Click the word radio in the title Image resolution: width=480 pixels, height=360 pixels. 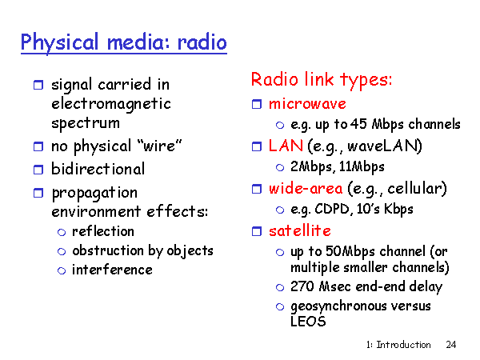point(202,42)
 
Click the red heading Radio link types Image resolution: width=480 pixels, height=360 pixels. point(322,80)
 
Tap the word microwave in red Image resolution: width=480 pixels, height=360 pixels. point(307,104)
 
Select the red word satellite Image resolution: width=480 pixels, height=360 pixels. point(300,230)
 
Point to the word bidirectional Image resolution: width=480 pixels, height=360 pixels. point(98,169)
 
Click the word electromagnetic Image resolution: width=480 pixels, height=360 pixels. point(111,104)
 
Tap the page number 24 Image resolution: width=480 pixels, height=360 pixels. point(451,345)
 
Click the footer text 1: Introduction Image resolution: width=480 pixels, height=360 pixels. point(398,345)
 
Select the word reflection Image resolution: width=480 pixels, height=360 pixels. point(103,231)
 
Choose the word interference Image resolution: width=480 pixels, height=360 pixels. point(112,270)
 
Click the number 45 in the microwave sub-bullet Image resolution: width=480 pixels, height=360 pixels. point(358,124)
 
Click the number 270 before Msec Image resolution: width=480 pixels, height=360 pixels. point(302,286)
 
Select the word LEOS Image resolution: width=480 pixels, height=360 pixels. point(308,322)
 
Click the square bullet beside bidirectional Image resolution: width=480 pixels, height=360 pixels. point(38,170)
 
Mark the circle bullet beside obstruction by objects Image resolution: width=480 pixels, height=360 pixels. point(62,252)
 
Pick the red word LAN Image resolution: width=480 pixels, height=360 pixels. point(286,146)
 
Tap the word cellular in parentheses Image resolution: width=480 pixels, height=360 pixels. point(417,189)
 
